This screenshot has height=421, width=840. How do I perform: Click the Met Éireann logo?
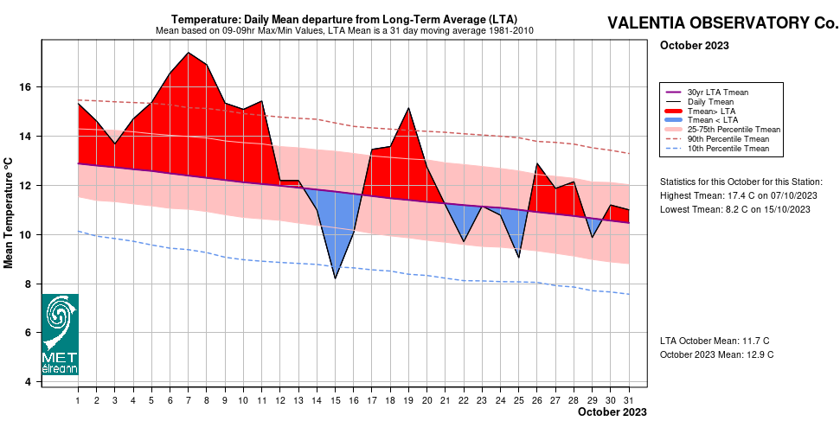pyautogui.click(x=60, y=334)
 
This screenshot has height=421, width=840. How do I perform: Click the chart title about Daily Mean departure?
pyautogui.click(x=343, y=19)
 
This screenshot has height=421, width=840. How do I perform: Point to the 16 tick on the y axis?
pyautogui.click(x=25, y=87)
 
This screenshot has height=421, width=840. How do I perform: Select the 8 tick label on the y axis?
pyautogui.click(x=28, y=284)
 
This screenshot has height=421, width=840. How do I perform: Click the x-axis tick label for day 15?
pyautogui.click(x=335, y=400)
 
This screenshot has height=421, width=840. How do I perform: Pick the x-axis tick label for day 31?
pyautogui.click(x=628, y=400)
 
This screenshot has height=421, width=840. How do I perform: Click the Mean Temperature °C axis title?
pyautogui.click(x=10, y=212)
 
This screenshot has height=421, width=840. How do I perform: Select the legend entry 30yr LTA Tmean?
pyautogui.click(x=717, y=92)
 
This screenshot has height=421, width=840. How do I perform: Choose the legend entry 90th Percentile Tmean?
pyautogui.click(x=728, y=139)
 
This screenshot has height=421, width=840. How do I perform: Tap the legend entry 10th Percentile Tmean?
pyautogui.click(x=728, y=149)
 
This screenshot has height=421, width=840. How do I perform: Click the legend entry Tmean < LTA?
pyautogui.click(x=712, y=120)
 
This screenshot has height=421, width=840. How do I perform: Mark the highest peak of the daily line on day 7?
pyautogui.click(x=189, y=53)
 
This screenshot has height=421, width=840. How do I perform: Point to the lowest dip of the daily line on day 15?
pyautogui.click(x=335, y=277)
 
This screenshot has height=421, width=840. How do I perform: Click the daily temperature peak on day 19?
pyautogui.click(x=408, y=108)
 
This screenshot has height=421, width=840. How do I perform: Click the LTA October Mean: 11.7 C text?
pyautogui.click(x=715, y=341)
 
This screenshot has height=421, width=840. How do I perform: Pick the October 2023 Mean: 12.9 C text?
pyautogui.click(x=716, y=354)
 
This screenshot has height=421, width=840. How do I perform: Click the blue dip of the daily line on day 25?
pyautogui.click(x=518, y=257)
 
